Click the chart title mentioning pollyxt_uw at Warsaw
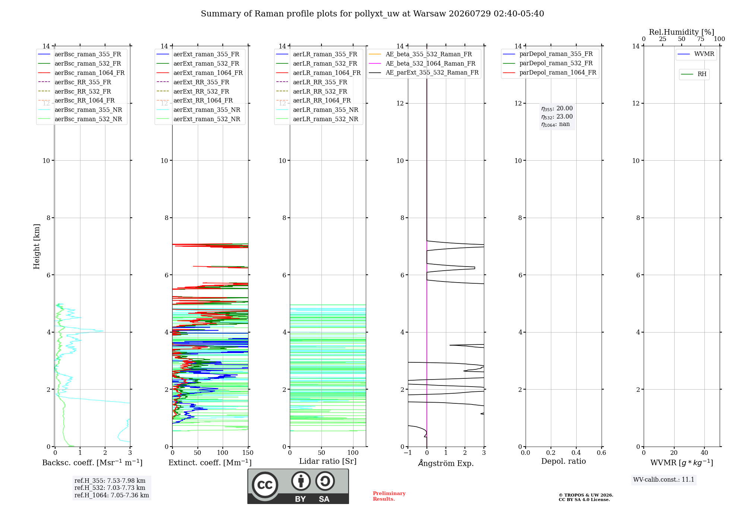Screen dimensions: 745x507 tap(372, 14)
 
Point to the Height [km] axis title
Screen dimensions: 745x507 tap(37, 246)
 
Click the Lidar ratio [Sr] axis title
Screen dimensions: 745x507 tap(328, 461)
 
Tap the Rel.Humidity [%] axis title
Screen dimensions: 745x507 tap(682, 32)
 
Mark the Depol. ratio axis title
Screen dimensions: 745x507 tap(564, 461)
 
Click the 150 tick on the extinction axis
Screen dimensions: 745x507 tap(248, 453)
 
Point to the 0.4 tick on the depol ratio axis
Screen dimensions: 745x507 tap(576, 453)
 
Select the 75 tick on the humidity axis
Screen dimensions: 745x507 tap(701, 39)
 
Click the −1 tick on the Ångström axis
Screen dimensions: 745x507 tap(408, 453)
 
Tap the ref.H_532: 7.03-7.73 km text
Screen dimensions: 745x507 tap(110, 488)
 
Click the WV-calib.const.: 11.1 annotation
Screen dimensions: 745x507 tap(664, 479)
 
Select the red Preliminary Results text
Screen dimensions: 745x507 tap(389, 496)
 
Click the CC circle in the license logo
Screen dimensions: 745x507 tap(265, 485)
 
